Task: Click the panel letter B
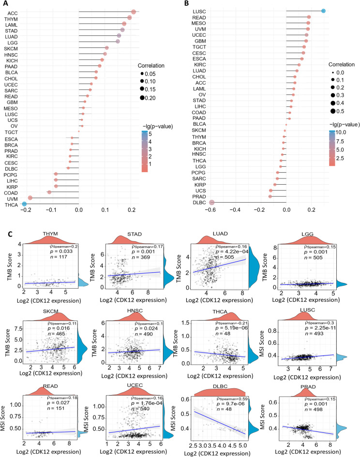(x=187, y=3)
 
